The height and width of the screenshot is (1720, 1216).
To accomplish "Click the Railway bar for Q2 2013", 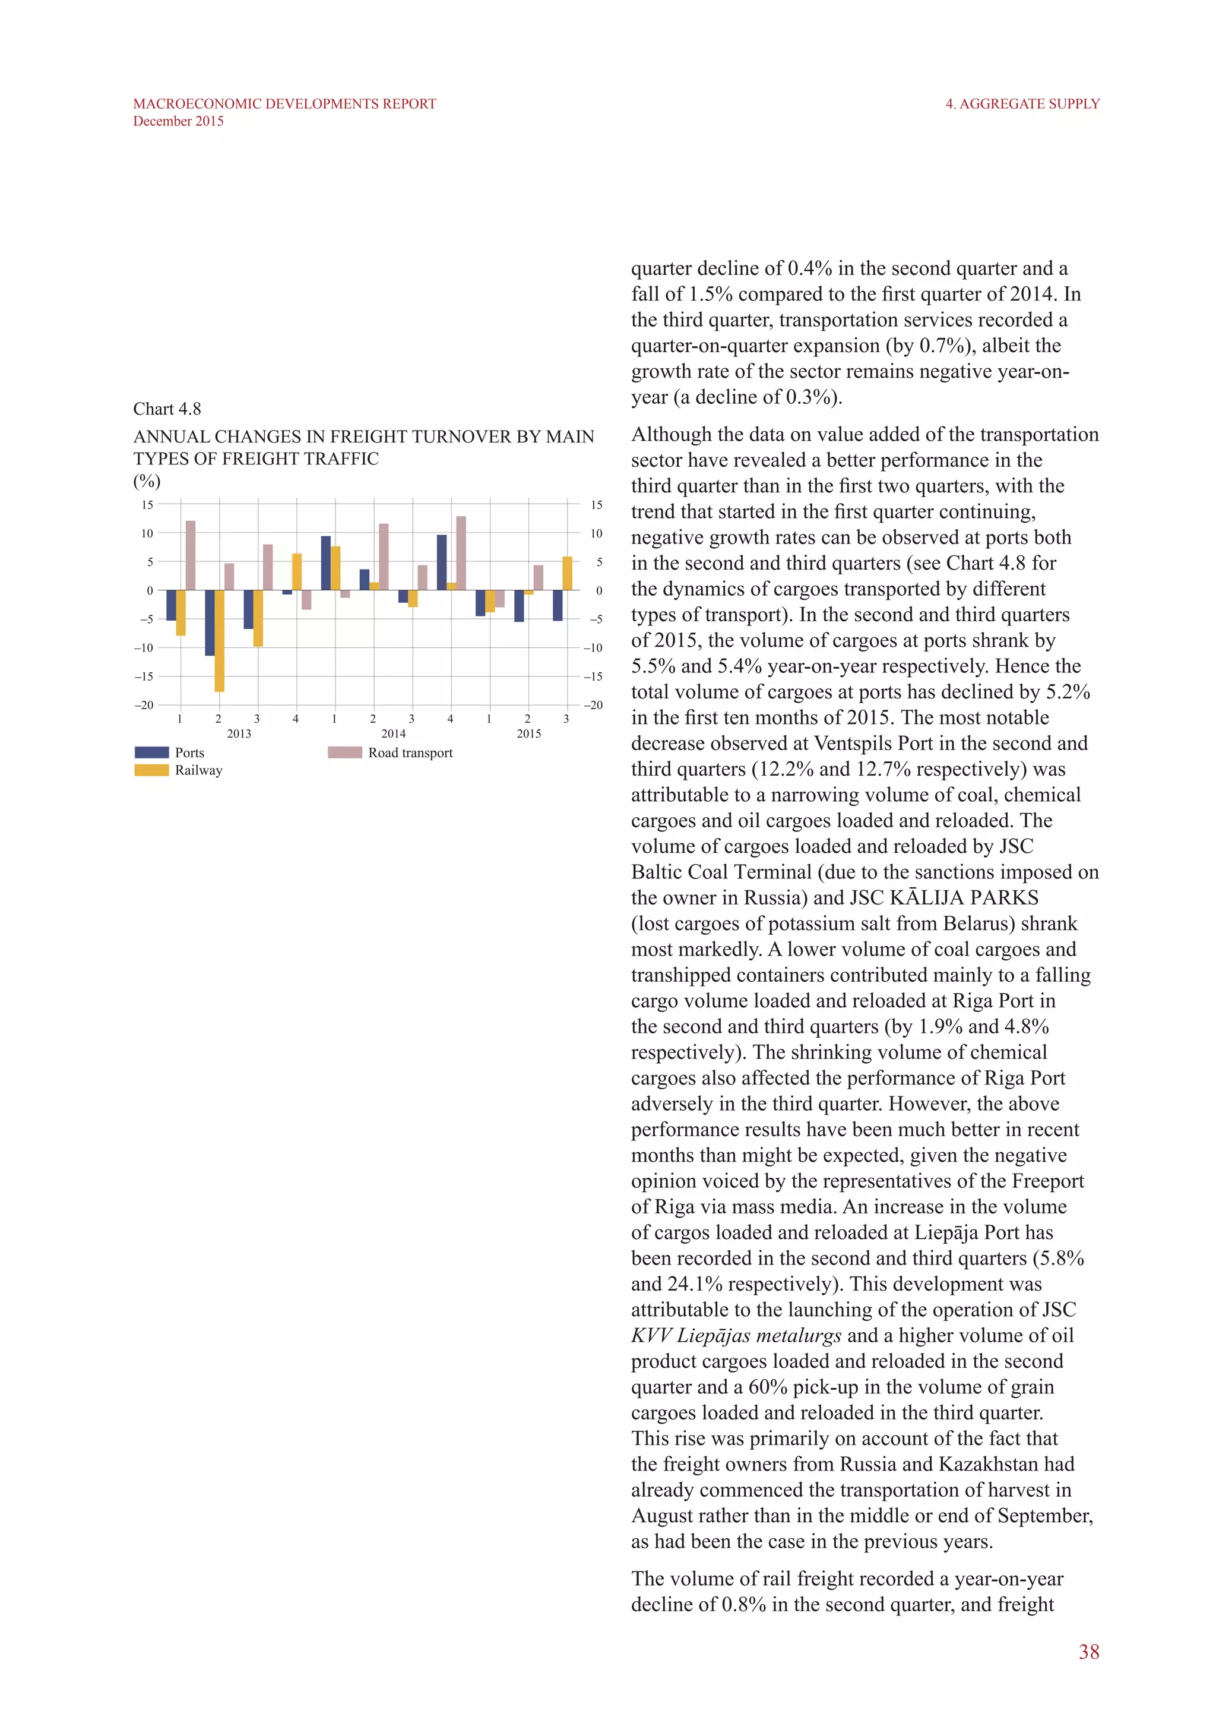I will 219,640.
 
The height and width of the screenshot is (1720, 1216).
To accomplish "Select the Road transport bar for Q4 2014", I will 461,553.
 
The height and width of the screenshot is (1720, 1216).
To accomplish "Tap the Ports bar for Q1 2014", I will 326,562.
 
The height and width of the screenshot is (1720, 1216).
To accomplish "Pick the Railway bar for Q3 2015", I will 568,573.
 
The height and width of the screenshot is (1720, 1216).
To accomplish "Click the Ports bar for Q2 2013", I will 210,622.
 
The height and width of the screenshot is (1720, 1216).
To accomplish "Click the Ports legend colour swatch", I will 151,752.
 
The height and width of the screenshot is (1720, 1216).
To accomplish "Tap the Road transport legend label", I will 410,753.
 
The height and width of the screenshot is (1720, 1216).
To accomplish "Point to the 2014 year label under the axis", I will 393,733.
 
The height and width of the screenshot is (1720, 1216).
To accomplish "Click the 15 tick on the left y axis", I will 147,505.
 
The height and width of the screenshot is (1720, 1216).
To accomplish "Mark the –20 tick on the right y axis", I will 593,705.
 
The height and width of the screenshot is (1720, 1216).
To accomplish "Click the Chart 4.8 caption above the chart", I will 167,409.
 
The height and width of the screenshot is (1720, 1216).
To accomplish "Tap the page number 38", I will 1089,1652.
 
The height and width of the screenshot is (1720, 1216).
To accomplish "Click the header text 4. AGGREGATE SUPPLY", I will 1022,104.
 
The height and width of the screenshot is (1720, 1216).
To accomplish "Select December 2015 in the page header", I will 178,121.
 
